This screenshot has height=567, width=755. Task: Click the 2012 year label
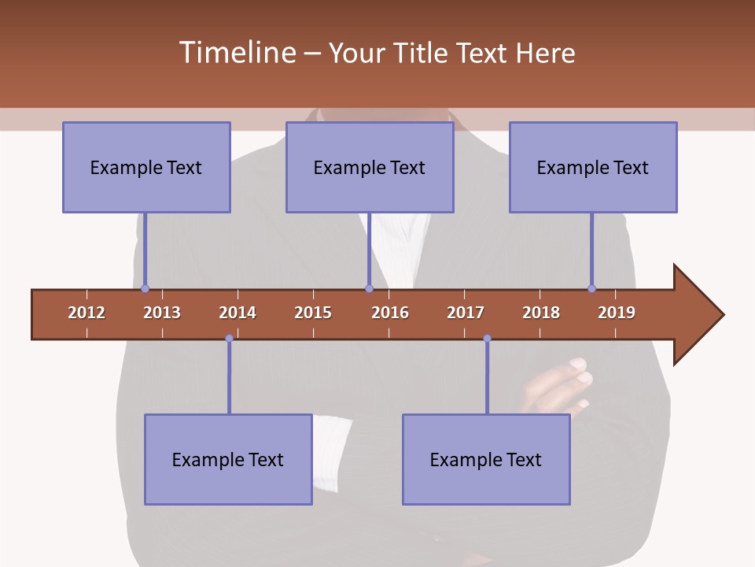click(87, 313)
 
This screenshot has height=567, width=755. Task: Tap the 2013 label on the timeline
click(162, 313)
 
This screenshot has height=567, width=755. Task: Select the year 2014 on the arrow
click(238, 313)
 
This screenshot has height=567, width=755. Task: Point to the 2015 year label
click(313, 313)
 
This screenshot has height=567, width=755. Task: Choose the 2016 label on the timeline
click(390, 313)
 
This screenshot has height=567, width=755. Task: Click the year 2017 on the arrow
click(466, 313)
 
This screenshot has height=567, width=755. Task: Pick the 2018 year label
click(541, 313)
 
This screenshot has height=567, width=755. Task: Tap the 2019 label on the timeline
click(617, 313)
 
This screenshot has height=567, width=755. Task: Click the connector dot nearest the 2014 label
click(229, 339)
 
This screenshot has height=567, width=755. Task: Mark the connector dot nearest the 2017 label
click(487, 339)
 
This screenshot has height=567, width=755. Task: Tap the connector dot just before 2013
click(145, 288)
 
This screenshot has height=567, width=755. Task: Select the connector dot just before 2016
click(369, 288)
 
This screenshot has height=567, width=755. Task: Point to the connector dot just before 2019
click(591, 288)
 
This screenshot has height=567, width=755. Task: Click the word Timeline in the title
click(236, 53)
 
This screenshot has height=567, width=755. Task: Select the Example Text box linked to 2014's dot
click(228, 459)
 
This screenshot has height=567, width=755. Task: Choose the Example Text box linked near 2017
click(486, 459)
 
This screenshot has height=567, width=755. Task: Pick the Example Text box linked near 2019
click(593, 167)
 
